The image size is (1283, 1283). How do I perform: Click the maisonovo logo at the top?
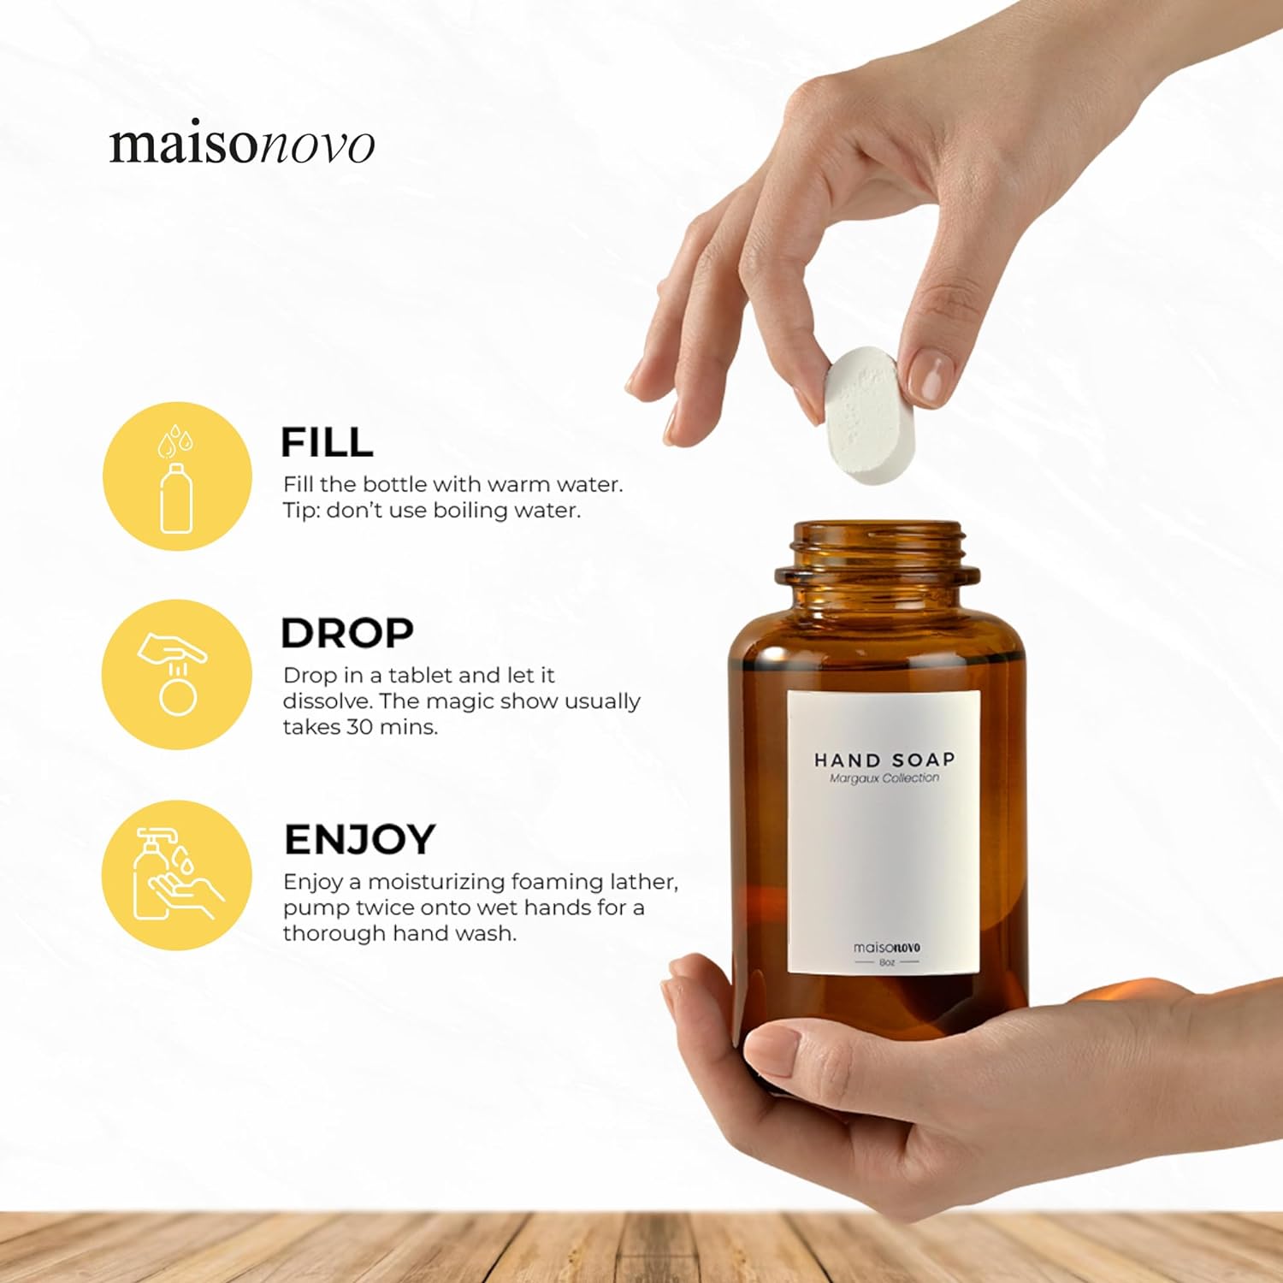click(242, 144)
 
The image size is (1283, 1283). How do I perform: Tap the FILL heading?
click(327, 443)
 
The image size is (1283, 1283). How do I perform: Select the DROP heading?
click(347, 634)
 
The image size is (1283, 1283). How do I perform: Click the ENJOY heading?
click(360, 840)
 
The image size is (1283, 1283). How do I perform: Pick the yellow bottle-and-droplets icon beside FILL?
click(178, 476)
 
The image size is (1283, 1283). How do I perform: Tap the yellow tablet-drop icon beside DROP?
click(177, 675)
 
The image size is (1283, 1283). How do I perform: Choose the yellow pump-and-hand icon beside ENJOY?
click(177, 875)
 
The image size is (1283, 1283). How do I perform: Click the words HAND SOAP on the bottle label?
click(884, 760)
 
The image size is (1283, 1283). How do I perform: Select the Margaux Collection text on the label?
click(884, 778)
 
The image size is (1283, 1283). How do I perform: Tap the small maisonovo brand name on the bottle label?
click(887, 948)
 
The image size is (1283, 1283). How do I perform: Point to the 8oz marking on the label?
click(887, 962)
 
